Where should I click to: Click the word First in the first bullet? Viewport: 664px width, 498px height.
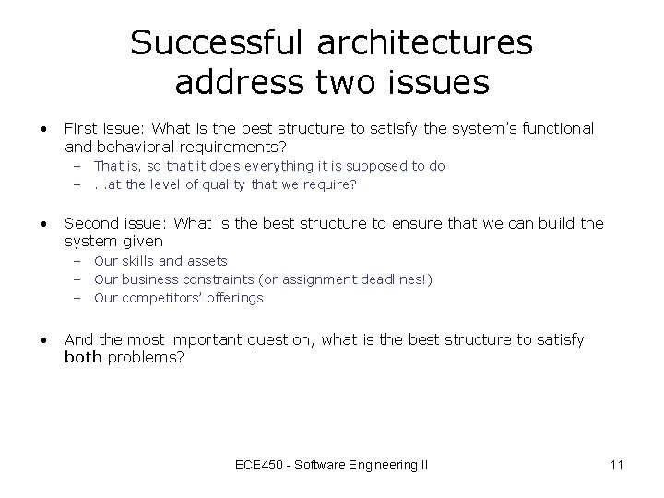click(x=81, y=128)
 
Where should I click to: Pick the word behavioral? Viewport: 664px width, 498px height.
click(x=135, y=146)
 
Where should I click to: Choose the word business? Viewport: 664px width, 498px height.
click(x=151, y=279)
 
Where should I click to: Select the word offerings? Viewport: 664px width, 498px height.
click(x=235, y=298)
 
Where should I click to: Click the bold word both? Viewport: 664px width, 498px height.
click(x=83, y=357)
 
